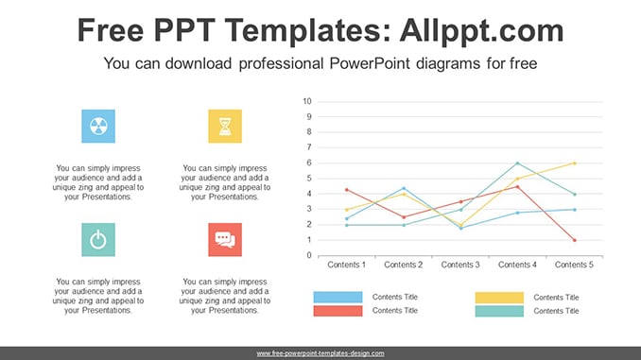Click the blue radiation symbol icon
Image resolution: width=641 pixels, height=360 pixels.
coord(98,127)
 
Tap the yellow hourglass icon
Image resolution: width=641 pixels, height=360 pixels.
coord(225,127)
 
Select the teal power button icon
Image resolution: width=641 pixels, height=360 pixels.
coord(98,240)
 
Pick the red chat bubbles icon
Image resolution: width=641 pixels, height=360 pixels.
coord(225,240)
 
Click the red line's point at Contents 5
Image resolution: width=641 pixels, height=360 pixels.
coord(575,240)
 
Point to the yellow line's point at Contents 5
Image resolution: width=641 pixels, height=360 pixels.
coord(575,163)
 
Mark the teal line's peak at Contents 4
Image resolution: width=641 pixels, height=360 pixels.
coord(517,163)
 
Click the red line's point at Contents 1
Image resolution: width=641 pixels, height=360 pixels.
coord(347,190)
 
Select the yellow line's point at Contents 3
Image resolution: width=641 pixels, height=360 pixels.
coord(460,225)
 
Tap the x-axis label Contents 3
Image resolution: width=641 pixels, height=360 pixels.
coord(460,265)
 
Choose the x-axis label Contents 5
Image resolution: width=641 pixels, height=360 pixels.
coord(574,265)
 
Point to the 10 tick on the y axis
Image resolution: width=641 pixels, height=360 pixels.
coord(307,101)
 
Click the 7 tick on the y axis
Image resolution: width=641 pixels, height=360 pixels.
coord(309,147)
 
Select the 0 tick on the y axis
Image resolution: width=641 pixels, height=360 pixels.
coord(309,255)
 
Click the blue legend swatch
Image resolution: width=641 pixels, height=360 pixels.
coord(338,297)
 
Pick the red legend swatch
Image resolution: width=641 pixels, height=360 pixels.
coord(338,311)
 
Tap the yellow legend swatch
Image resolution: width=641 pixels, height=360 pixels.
coord(499,298)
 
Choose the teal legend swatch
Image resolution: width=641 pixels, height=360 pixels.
coord(499,312)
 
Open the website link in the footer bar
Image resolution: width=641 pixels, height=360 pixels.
coord(320,353)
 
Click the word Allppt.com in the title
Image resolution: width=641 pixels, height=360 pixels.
coord(481,30)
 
